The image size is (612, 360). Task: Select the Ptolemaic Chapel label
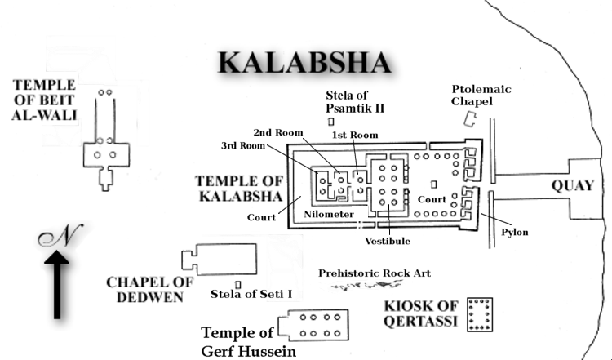point(481,95)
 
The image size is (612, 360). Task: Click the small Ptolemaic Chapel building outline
point(471,119)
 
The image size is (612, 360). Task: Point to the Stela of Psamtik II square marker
point(331,122)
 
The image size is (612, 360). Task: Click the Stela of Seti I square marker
point(238,284)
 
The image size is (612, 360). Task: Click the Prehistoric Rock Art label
point(375,273)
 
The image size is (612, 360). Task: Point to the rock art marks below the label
point(372,285)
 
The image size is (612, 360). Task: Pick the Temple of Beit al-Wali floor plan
point(104,147)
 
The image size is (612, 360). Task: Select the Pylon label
point(515,233)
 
